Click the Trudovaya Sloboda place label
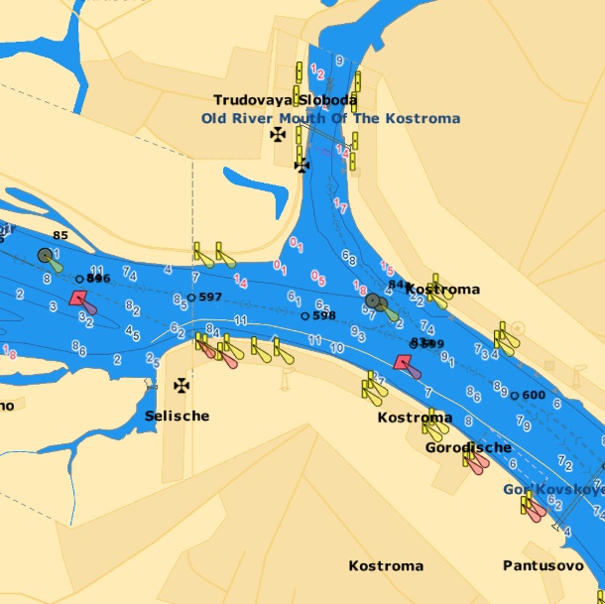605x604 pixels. coord(285,100)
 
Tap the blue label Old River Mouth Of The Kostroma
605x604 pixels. coord(330,118)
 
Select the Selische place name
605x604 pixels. coord(177,416)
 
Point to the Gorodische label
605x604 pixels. coord(468,447)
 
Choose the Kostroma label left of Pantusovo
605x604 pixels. coord(386,566)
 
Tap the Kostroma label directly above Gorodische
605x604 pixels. coord(415,418)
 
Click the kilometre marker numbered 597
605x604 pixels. coord(191,298)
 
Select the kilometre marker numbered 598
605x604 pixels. coord(304,316)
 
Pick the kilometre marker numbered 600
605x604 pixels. coord(514,395)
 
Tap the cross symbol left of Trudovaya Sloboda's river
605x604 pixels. coord(279,133)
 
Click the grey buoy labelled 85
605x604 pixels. coord(45,256)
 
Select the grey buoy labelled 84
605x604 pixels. coord(373,300)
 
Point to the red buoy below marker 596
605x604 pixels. coord(78,299)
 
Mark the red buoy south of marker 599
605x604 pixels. coord(403,363)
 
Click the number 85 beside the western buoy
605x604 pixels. coord(60,236)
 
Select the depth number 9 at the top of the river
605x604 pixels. coord(340,60)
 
